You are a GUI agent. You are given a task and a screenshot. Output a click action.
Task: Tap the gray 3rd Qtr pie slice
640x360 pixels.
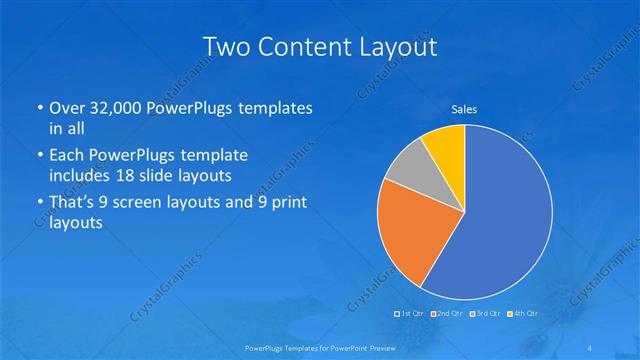coord(408,174)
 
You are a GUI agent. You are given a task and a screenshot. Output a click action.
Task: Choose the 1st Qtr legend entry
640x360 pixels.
coord(411,314)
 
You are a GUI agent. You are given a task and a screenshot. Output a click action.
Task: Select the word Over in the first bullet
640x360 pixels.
coord(67,109)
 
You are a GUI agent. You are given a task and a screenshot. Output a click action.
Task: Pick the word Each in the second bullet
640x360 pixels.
coord(67,157)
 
